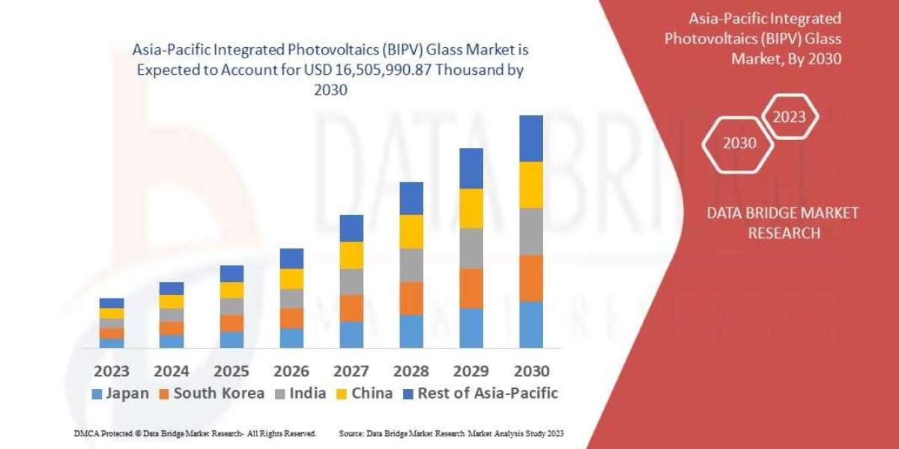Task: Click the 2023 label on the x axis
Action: point(112,370)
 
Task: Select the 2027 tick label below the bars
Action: point(351,370)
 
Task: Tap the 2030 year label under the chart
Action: point(531,370)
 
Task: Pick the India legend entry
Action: point(299,394)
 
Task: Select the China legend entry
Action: point(364,394)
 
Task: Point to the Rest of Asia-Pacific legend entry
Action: point(479,394)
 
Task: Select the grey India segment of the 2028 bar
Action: point(411,265)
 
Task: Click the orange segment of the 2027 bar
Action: point(351,308)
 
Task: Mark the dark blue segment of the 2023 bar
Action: point(112,303)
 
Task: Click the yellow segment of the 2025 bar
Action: point(231,290)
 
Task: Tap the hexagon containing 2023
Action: point(789,117)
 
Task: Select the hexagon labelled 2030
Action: point(739,143)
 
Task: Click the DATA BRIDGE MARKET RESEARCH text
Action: point(783,223)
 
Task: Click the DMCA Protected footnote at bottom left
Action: point(195,433)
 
